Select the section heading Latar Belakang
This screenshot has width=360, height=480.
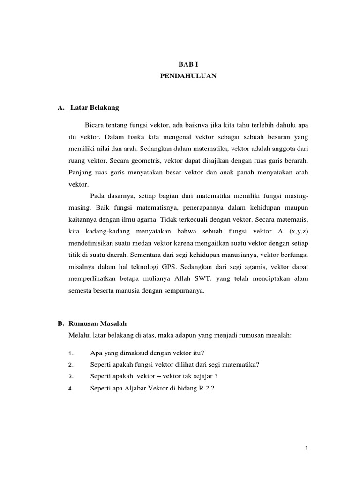95,108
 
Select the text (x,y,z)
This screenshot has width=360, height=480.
299,232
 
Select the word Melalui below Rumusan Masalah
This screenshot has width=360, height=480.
79,335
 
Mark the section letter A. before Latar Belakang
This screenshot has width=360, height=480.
60,108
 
